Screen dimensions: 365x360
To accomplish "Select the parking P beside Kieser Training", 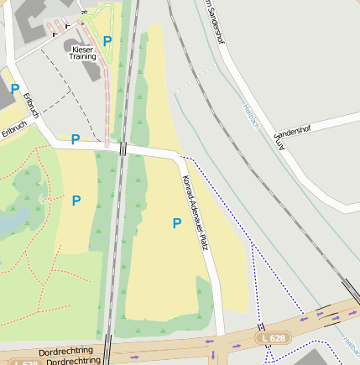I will click(107, 40).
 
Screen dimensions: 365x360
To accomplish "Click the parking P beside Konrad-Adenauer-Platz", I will click(176, 222).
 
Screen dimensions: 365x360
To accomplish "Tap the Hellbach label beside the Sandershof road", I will click(250, 116).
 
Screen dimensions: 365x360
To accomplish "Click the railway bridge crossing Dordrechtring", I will click(109, 348).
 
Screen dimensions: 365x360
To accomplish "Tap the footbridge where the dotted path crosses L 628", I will click(262, 328).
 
